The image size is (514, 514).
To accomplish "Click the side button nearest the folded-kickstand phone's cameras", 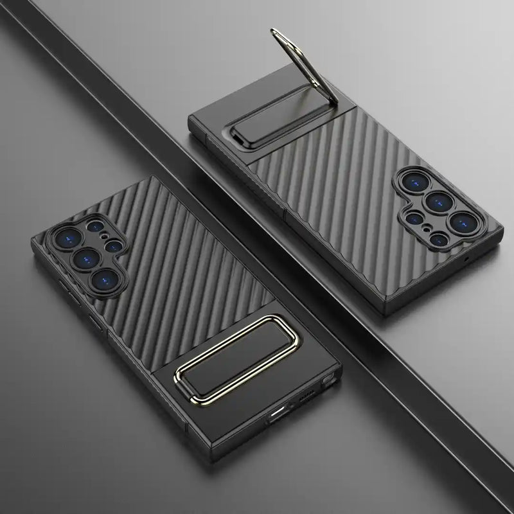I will tap(65, 288).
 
